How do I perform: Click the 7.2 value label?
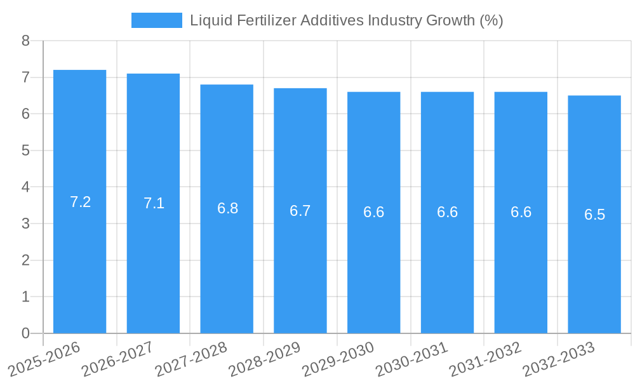(x=81, y=202)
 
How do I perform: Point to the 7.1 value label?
(x=154, y=203)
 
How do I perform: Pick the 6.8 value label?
(x=227, y=208)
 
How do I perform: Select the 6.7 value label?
(x=300, y=211)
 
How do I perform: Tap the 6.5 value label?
(x=594, y=215)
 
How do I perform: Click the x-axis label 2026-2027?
(x=117, y=359)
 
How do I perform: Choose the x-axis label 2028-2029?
(x=264, y=359)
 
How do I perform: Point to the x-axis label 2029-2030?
(x=338, y=359)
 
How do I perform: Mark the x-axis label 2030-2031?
(x=411, y=359)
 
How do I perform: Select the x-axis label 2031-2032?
(x=485, y=359)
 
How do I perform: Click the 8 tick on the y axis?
(x=25, y=41)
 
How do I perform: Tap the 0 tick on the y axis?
(x=25, y=333)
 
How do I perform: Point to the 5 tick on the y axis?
(x=25, y=150)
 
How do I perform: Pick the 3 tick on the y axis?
(x=25, y=224)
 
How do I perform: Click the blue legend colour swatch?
(x=156, y=20)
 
